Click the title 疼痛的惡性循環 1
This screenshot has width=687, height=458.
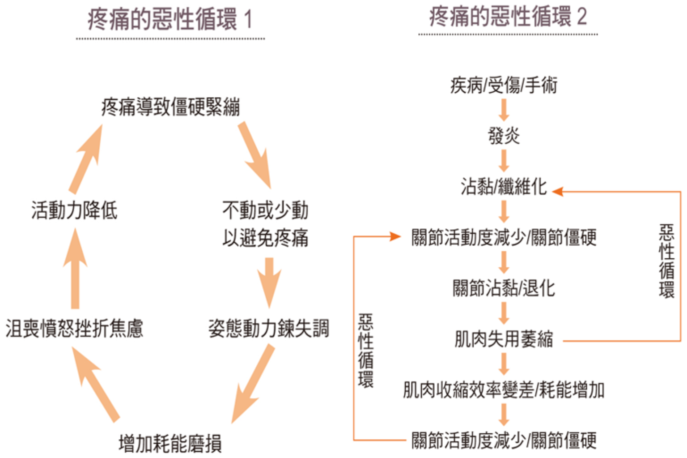pyautogui.click(x=170, y=19)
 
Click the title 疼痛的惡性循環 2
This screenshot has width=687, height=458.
pyautogui.click(x=508, y=17)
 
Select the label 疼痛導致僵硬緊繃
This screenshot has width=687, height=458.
pyautogui.click(x=170, y=107)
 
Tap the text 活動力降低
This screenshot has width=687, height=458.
pyautogui.click(x=74, y=210)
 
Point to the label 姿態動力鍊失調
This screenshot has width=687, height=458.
pyautogui.click(x=268, y=329)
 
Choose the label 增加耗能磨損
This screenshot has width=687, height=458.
pyautogui.click(x=170, y=444)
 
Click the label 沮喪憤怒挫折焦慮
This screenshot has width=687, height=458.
pyautogui.click(x=74, y=329)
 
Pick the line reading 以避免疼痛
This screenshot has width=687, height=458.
pyautogui.click(x=265, y=238)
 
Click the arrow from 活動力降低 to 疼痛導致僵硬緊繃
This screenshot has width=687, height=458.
pyautogui.click(x=86, y=158)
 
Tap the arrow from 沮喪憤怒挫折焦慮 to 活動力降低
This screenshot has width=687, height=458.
pyautogui.click(x=75, y=269)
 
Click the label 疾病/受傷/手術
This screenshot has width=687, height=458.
pyautogui.click(x=504, y=85)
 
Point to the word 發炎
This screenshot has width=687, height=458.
pyautogui.click(x=504, y=136)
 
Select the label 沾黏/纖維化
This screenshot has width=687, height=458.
pyautogui.click(x=504, y=187)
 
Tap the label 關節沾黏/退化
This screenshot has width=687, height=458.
pyautogui.click(x=504, y=288)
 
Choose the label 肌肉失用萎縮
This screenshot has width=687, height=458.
pyautogui.click(x=504, y=339)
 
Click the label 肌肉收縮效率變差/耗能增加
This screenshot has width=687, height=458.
pyautogui.click(x=504, y=390)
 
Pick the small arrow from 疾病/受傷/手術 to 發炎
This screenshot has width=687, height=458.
pyautogui.click(x=504, y=110)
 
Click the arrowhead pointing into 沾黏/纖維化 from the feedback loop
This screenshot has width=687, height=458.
pyautogui.click(x=557, y=192)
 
